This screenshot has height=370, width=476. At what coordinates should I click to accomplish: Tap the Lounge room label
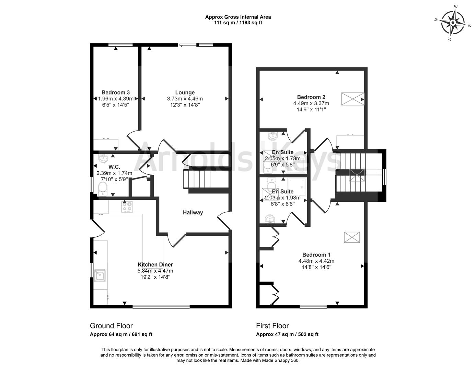click(185, 92)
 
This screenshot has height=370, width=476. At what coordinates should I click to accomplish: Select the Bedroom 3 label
click(116, 92)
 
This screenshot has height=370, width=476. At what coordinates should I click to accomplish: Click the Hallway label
click(193, 212)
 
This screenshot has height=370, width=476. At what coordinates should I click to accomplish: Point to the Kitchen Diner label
click(155, 264)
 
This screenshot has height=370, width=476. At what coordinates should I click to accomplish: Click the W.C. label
click(114, 167)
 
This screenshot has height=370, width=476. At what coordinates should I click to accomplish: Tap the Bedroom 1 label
click(316, 255)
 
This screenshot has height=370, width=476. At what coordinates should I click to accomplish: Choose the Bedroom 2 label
click(311, 97)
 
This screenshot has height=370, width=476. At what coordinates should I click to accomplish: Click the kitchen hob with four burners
click(127, 207)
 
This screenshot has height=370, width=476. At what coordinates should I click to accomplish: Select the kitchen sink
click(100, 275)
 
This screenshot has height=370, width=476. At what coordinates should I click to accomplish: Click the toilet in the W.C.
click(103, 189)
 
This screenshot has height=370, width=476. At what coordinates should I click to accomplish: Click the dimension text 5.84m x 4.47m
click(155, 271)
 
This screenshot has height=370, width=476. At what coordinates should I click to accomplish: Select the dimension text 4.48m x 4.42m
click(316, 261)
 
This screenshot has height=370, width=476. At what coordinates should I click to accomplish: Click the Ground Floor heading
click(111, 326)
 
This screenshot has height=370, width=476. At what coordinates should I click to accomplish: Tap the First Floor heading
click(272, 326)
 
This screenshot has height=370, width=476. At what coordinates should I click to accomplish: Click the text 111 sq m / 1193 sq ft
click(238, 23)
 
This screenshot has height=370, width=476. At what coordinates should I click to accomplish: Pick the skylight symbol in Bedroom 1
click(352, 237)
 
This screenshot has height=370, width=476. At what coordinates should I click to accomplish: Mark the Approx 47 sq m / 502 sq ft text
click(287, 334)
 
